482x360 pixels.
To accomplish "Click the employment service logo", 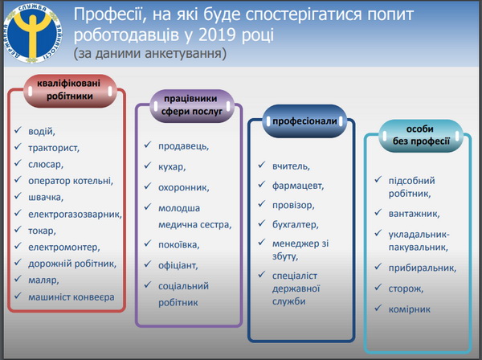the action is point(32,33).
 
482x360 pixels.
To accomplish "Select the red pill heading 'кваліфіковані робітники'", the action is point(70,90).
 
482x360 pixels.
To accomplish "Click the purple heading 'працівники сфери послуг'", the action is point(191,105).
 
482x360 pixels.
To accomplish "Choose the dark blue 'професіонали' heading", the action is point(304,121).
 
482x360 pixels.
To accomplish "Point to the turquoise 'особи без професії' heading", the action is point(420,135).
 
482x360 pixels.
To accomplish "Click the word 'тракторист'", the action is point(54,148).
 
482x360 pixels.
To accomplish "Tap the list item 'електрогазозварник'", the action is point(75,214).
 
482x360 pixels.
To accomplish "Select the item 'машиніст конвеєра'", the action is point(71,297).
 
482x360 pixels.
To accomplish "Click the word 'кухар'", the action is point(172,167).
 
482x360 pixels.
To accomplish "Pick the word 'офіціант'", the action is point(178,265).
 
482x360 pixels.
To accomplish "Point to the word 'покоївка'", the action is point(179,245).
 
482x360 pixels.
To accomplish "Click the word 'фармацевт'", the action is point(298,186).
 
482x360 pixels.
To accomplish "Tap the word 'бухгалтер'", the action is point(296,225).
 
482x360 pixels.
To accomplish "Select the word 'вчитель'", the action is point(291,166).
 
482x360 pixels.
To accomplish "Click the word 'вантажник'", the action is point(414,214).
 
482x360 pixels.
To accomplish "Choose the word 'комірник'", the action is point(410,309).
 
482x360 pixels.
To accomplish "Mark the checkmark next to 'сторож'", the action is point(378,287).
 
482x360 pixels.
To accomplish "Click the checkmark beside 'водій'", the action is point(18,129).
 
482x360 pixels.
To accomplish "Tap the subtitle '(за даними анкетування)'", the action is point(150,53).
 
